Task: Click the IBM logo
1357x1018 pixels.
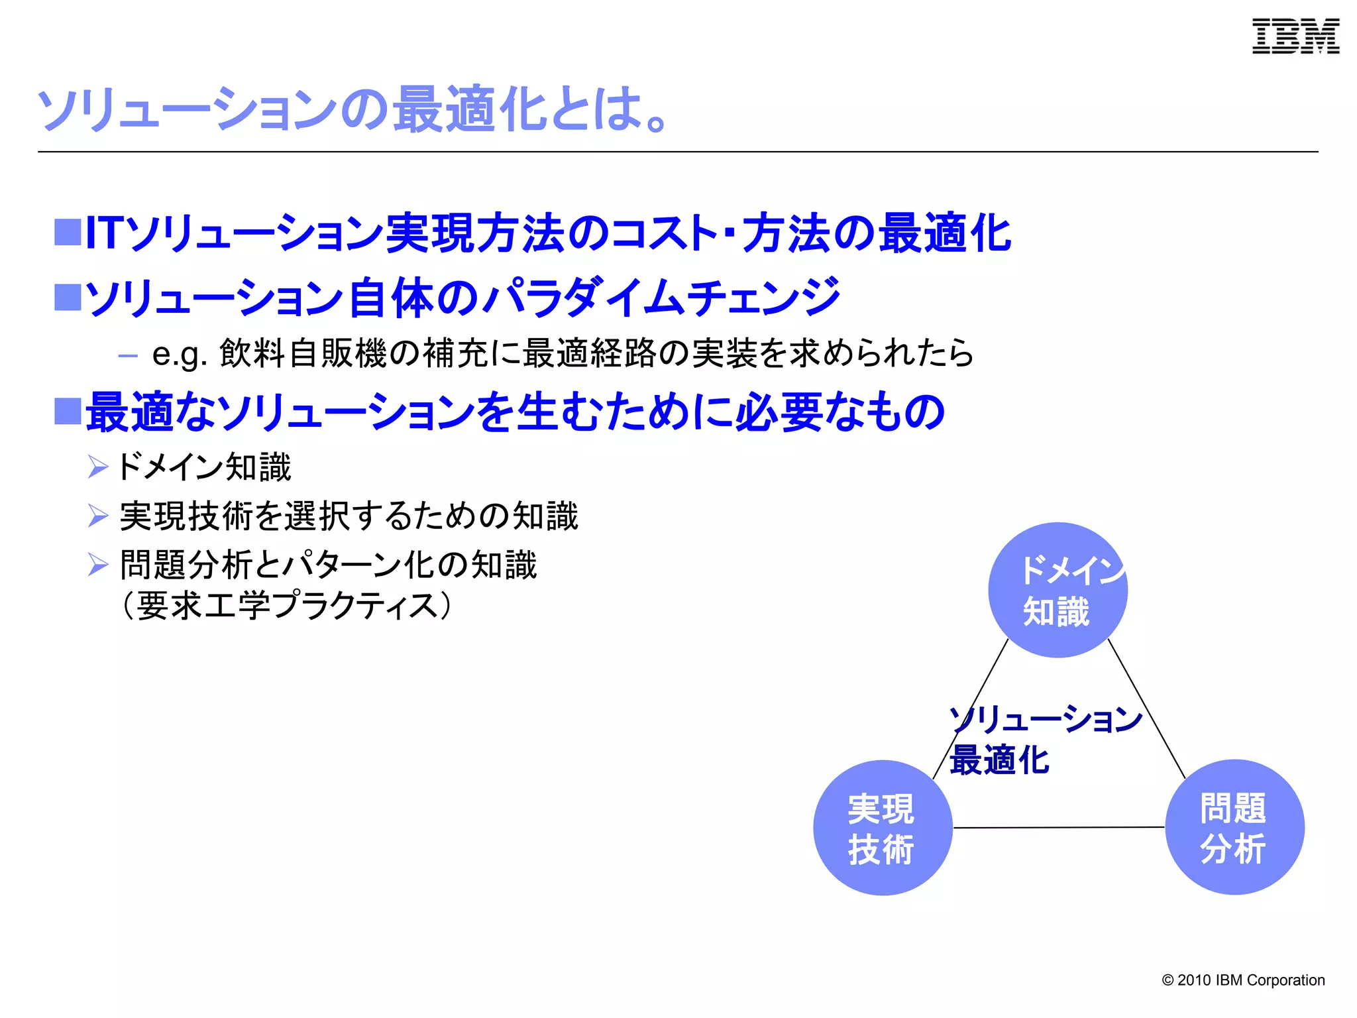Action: tap(1295, 36)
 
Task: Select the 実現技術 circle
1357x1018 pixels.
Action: tap(882, 828)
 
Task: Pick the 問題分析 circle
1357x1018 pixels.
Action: tap(1234, 827)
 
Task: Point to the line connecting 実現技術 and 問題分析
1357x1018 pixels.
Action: tap(1058, 827)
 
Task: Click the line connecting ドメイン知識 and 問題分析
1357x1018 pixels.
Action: tap(1147, 708)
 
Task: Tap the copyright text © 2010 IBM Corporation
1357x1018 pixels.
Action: tap(1243, 980)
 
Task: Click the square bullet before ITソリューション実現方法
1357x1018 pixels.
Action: tap(68, 233)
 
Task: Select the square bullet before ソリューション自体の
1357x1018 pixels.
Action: tap(68, 297)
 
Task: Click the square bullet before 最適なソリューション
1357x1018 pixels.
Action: tap(68, 411)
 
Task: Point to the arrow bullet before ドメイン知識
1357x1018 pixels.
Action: tap(98, 467)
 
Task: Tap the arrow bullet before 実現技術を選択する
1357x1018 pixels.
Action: tap(98, 516)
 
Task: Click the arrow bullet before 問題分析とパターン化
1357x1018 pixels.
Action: tap(98, 565)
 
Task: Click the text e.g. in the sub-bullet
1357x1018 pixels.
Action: tap(180, 355)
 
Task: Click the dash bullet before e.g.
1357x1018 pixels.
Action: tap(127, 356)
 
